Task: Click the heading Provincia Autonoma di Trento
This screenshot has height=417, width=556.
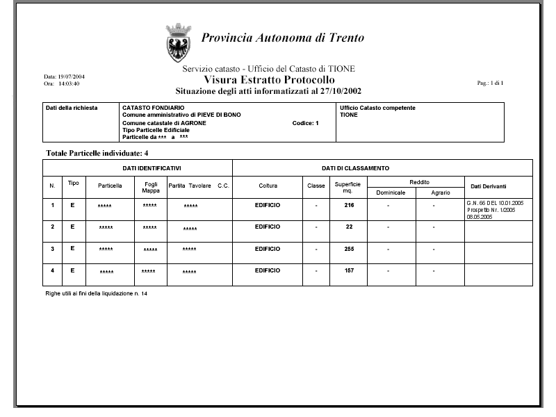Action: [282, 38]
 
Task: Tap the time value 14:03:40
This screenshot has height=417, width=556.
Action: [69, 83]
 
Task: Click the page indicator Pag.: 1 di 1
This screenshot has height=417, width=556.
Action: [491, 83]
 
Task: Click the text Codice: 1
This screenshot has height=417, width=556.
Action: [305, 123]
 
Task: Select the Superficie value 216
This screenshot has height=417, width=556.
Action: [350, 206]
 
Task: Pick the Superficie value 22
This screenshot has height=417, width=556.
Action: [350, 227]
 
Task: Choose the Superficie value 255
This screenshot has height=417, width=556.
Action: [350, 248]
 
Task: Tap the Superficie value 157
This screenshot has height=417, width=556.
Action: [350, 270]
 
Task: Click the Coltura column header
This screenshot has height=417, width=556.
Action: [268, 186]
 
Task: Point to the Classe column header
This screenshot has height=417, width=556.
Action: [316, 186]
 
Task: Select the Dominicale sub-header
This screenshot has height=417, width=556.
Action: [391, 193]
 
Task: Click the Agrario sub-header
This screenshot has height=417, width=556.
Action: [441, 193]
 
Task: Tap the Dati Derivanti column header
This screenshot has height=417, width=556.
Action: [489, 187]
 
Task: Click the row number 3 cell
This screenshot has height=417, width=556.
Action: [52, 248]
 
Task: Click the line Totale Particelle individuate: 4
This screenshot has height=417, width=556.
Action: [97, 152]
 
